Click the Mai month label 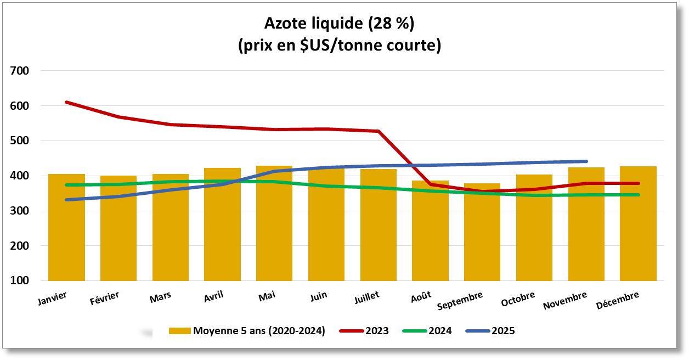coord(267,296)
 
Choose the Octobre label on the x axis coord(518,300)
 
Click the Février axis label coord(104,299)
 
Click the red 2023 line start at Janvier coord(66,102)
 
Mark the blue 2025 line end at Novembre coord(586,161)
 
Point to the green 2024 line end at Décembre coord(638,195)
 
